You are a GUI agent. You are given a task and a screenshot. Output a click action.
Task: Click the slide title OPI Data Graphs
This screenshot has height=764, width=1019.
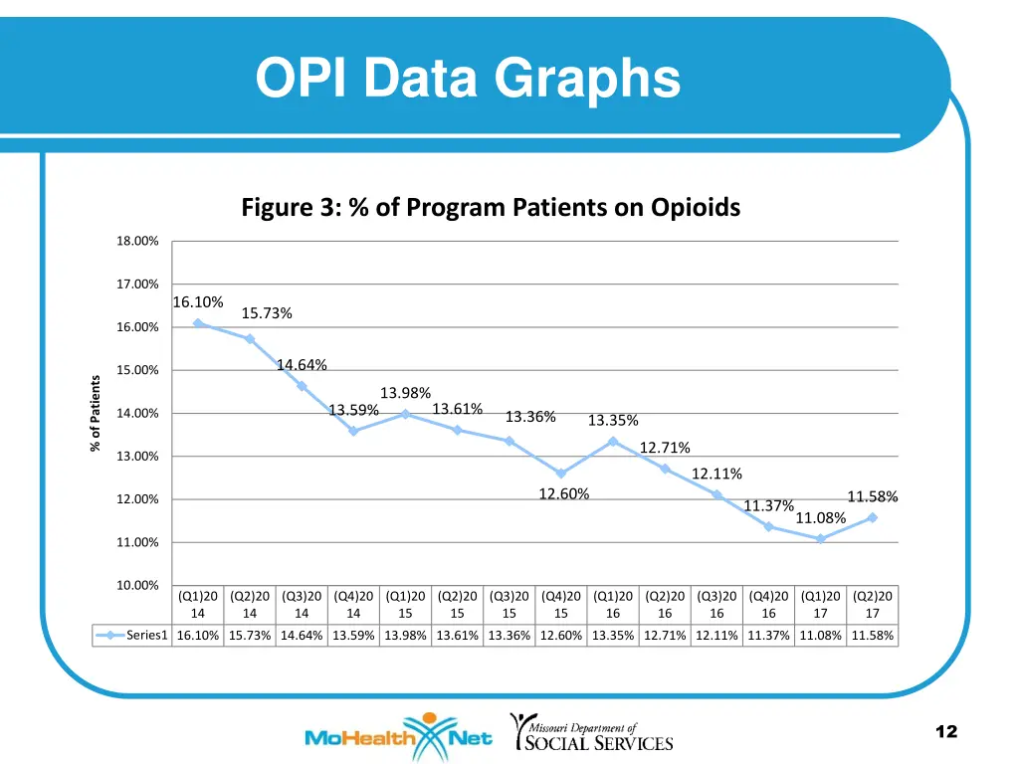pyautogui.click(x=468, y=79)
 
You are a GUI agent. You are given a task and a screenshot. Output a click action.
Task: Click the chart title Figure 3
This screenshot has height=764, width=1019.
pyautogui.click(x=491, y=208)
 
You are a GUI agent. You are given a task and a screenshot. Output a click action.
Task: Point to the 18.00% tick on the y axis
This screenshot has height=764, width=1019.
pyautogui.click(x=138, y=242)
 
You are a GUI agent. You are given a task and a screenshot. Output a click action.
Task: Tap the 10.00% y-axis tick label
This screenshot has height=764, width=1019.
pyautogui.click(x=138, y=585)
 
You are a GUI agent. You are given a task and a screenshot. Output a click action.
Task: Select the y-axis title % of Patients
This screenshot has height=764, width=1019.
pyautogui.click(x=96, y=412)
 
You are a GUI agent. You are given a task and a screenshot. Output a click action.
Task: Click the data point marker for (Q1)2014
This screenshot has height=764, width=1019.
pyautogui.click(x=198, y=323)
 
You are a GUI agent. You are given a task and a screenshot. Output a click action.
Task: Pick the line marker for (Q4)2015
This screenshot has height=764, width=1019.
pyautogui.click(x=561, y=474)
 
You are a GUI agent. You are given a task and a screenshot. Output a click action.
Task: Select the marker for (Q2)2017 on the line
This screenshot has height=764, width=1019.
pyautogui.click(x=872, y=517)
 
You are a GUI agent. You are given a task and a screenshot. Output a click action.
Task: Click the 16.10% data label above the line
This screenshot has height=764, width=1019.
pyautogui.click(x=198, y=301)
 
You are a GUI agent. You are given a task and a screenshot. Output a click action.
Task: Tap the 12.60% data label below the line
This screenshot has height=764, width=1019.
pyautogui.click(x=563, y=494)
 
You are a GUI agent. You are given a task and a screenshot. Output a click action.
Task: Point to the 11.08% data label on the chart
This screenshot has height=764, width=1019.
pyautogui.click(x=821, y=517)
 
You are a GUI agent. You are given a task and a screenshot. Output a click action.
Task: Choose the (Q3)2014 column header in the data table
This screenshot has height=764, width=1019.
pyautogui.click(x=302, y=605)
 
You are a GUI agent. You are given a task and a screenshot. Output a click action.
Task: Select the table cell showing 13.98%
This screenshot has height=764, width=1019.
pyautogui.click(x=405, y=636)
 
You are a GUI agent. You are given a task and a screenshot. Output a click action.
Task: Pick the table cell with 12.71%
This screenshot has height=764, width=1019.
pyautogui.click(x=665, y=636)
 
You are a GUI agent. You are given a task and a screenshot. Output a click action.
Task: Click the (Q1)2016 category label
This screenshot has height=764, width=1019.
pyautogui.click(x=613, y=605)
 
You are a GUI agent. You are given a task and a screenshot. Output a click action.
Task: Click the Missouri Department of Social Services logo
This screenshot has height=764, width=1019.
pyautogui.click(x=591, y=733)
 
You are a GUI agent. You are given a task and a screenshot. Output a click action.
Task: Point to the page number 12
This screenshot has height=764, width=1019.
pyautogui.click(x=946, y=732)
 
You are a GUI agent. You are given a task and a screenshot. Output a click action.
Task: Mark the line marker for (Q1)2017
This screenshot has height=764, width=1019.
pyautogui.click(x=820, y=539)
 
